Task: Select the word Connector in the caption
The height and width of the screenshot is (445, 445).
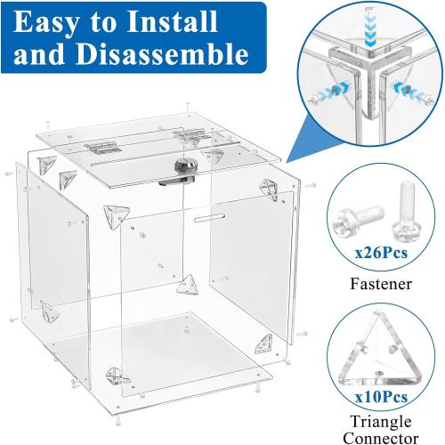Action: [x=380, y=437]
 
